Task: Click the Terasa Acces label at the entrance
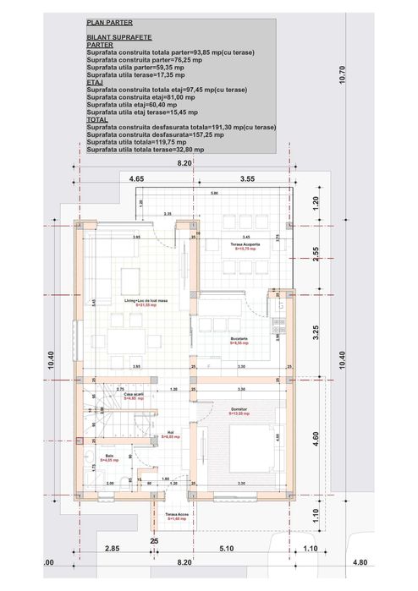point(176,514)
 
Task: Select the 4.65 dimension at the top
point(137,179)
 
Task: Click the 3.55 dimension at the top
point(247,179)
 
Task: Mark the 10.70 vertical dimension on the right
point(342,76)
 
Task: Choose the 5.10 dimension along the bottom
point(227,550)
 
